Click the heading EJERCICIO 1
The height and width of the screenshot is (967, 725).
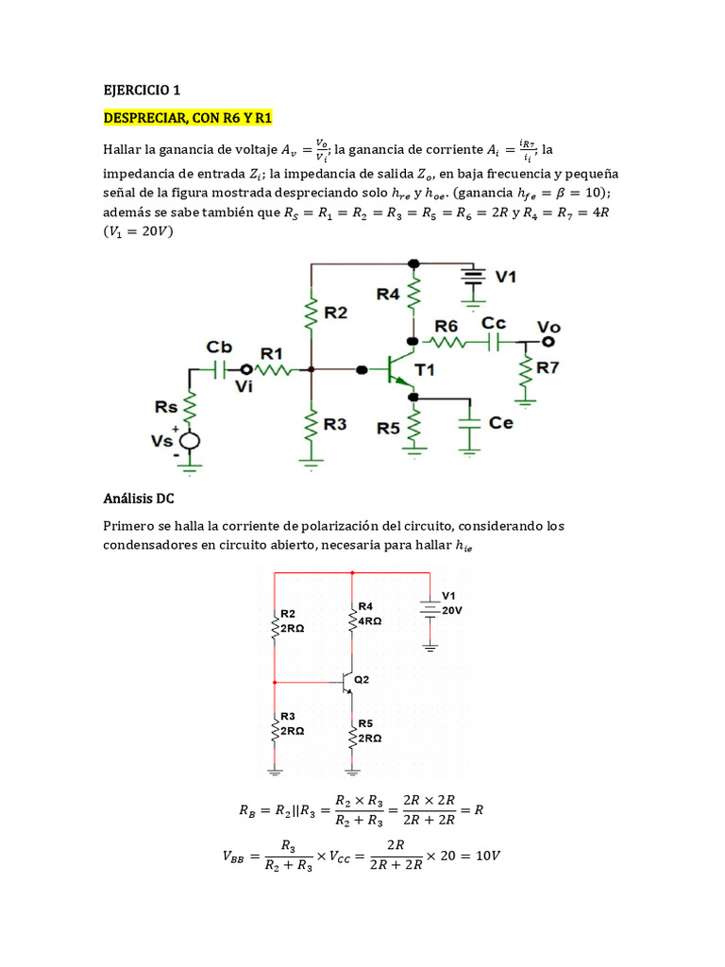pyautogui.click(x=141, y=91)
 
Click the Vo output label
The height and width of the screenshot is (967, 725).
pyautogui.click(x=548, y=326)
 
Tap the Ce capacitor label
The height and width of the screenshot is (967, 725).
pyautogui.click(x=501, y=422)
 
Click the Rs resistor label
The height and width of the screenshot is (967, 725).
pyautogui.click(x=167, y=407)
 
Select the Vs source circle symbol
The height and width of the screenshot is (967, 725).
pyautogui.click(x=190, y=440)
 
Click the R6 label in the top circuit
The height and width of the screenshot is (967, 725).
pyautogui.click(x=447, y=326)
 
